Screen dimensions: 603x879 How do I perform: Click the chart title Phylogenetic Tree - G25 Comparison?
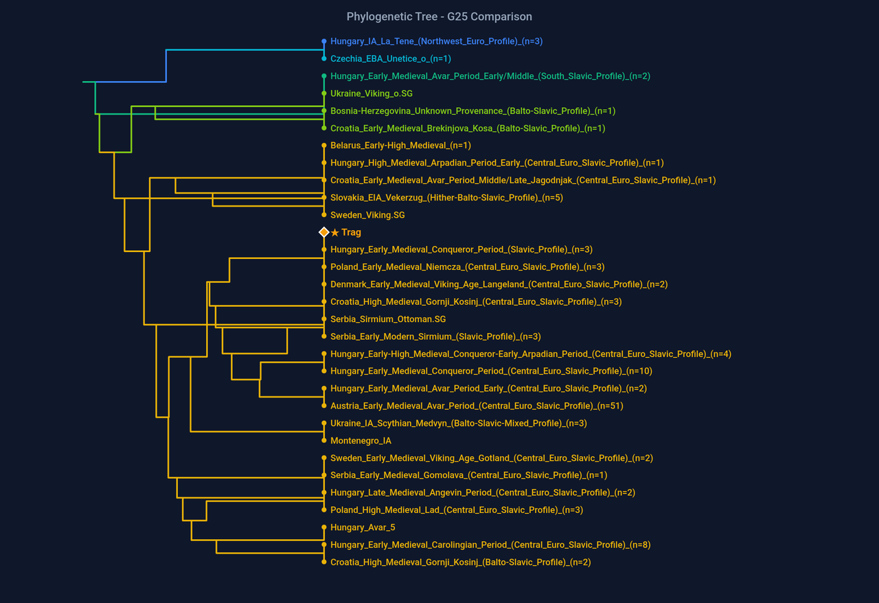click(439, 16)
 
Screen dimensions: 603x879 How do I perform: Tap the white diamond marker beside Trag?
click(324, 233)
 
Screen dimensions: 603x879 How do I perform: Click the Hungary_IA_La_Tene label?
click(436, 41)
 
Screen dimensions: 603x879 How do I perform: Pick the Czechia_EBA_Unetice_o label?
click(390, 59)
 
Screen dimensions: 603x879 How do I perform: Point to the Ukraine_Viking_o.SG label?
click(371, 93)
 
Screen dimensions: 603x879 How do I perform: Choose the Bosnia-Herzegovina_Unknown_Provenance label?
click(472, 111)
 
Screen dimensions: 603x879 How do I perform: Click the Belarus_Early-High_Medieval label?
click(400, 146)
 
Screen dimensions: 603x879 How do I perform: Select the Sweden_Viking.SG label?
click(367, 215)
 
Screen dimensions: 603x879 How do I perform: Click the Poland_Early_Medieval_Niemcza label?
click(467, 267)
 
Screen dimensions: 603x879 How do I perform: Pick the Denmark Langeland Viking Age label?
click(499, 284)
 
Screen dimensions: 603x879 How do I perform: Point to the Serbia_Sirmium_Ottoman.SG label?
click(388, 319)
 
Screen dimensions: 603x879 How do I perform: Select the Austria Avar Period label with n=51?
click(477, 406)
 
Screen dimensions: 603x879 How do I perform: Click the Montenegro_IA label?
click(361, 441)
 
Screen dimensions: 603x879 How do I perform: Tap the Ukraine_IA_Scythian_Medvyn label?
click(458, 424)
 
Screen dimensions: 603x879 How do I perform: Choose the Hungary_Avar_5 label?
click(363, 527)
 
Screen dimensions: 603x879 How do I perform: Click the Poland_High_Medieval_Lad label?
click(456, 510)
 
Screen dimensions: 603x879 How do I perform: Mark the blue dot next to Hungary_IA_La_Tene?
click(324, 41)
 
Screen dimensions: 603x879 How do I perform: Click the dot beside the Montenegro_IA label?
click(324, 441)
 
